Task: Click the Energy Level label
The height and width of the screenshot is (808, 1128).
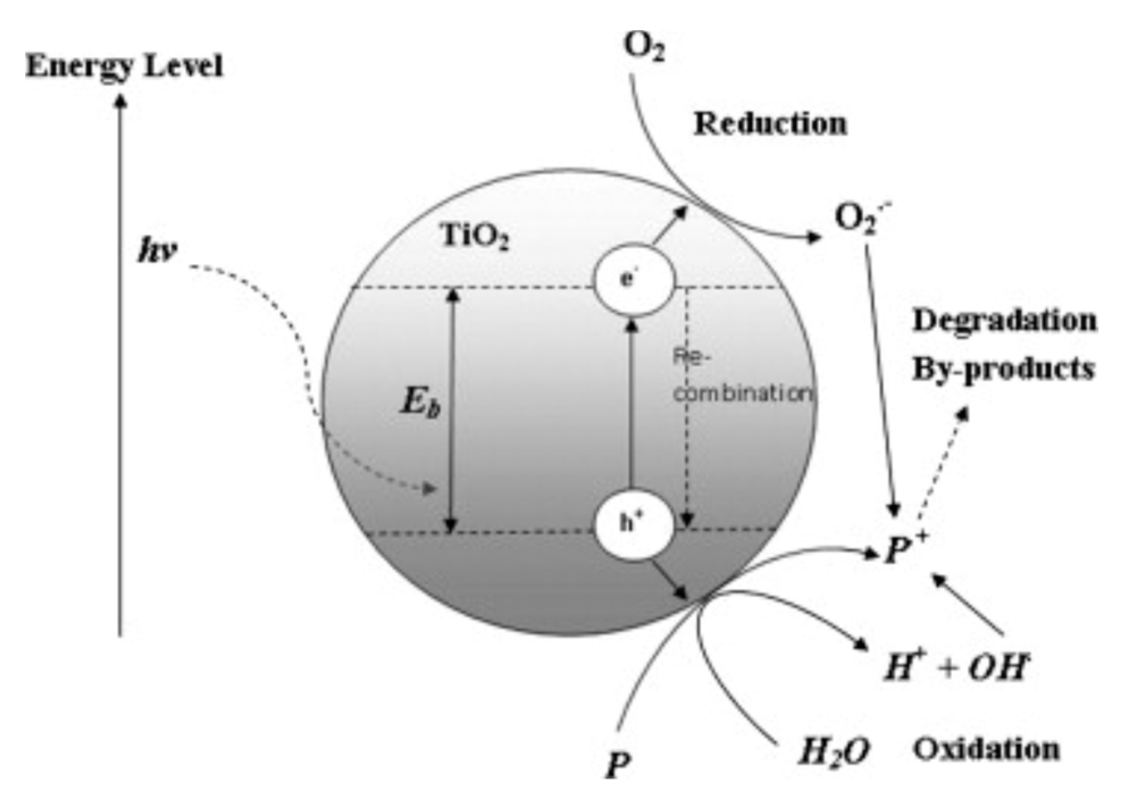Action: [x=124, y=67]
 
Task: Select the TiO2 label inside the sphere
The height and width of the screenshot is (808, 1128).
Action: [x=475, y=237]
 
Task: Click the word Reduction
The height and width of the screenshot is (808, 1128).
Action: [x=770, y=124]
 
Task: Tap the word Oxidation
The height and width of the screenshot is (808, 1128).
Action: [x=986, y=749]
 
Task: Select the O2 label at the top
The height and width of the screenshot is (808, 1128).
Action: [x=644, y=47]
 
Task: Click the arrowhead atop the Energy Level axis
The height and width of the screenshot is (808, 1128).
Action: [x=120, y=101]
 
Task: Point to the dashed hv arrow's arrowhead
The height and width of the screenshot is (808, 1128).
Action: [x=432, y=488]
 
